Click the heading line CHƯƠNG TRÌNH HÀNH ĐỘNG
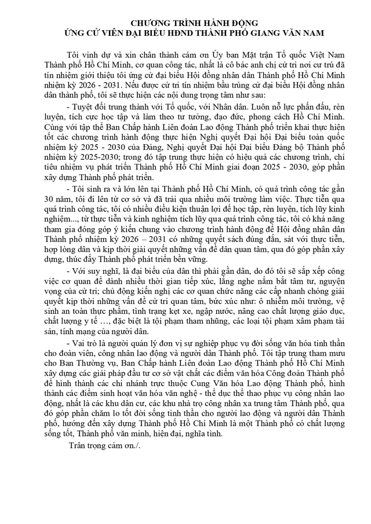coord(185,21)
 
